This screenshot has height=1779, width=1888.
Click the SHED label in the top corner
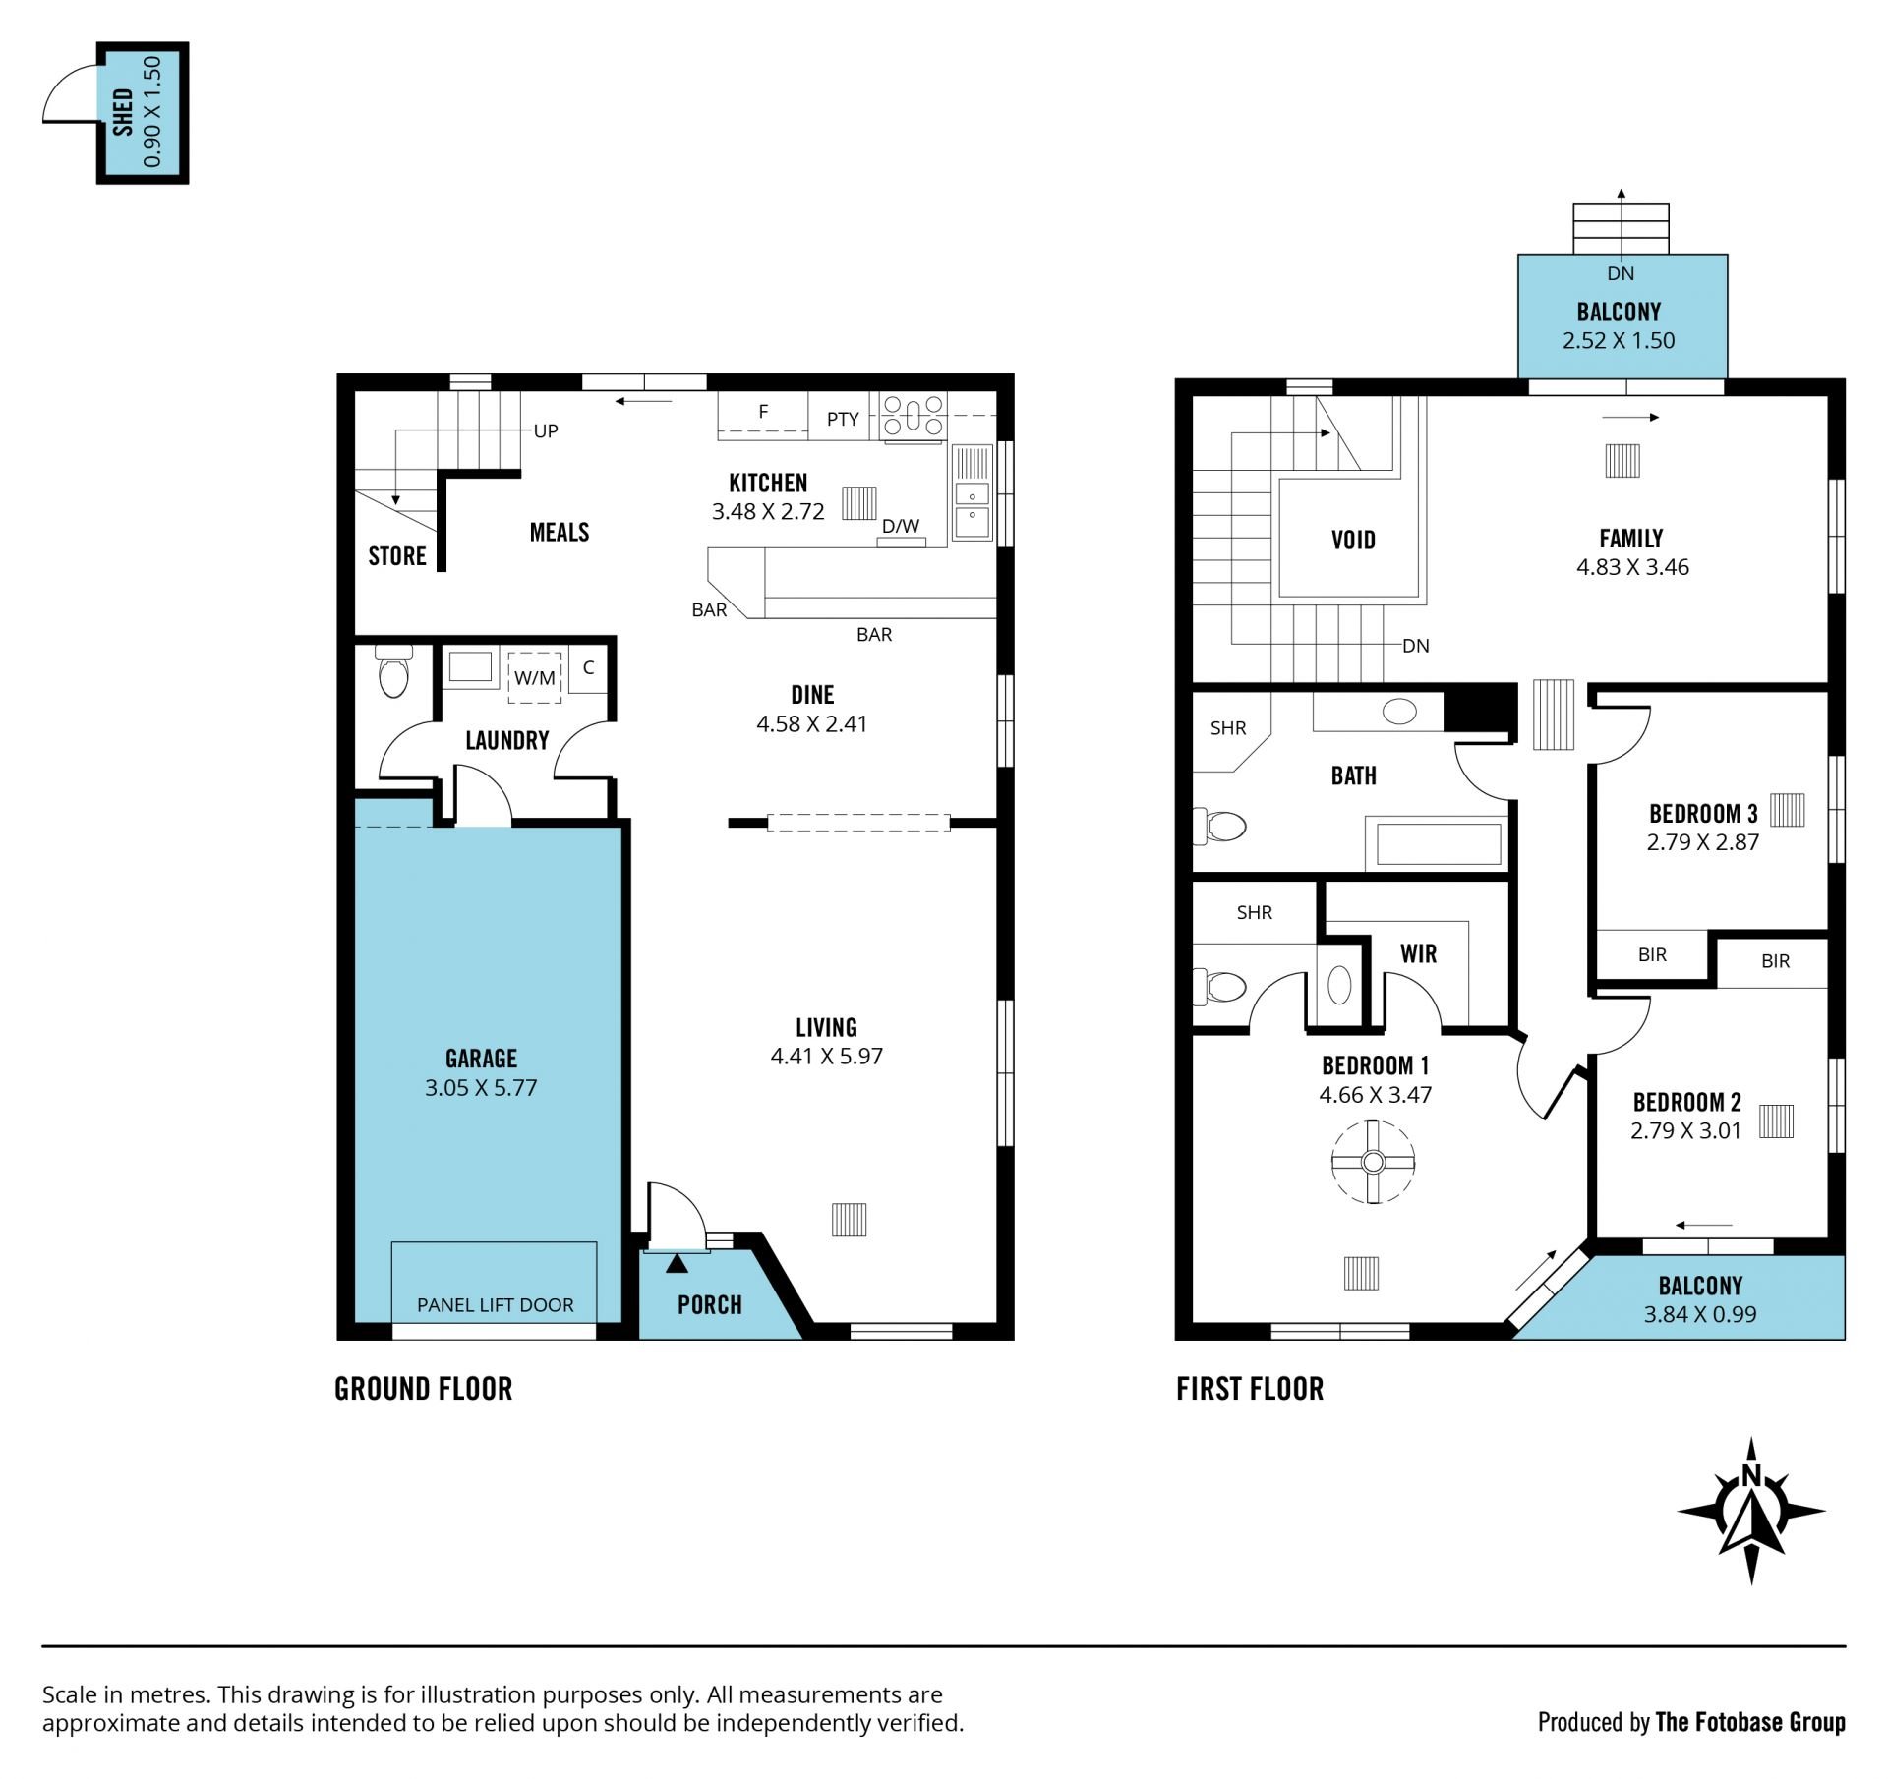[x=123, y=112]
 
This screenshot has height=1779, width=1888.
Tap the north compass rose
[x=1750, y=1511]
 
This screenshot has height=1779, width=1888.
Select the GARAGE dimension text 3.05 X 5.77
[x=481, y=1087]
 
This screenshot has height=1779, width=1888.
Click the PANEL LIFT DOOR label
[x=495, y=1305]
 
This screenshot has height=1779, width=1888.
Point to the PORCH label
[x=710, y=1305]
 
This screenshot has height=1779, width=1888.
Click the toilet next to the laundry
[x=393, y=670]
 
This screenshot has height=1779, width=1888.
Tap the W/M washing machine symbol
[x=535, y=677]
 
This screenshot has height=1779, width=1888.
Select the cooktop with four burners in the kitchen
[x=914, y=415]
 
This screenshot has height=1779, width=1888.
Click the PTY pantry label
[x=843, y=419]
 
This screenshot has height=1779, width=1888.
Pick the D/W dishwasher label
[x=901, y=526]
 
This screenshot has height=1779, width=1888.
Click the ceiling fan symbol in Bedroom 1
[x=1373, y=1163]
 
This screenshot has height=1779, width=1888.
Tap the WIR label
[x=1418, y=953]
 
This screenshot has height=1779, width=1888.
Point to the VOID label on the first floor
[x=1353, y=540]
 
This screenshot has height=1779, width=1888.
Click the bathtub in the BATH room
[x=1438, y=843]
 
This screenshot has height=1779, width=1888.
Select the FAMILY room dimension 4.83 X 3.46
[x=1632, y=567]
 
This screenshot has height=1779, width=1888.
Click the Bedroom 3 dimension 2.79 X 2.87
[x=1703, y=842]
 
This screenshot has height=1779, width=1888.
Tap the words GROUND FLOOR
[x=424, y=1389]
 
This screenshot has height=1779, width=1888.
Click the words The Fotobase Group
[x=1750, y=1722]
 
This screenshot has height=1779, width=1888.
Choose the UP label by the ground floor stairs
[x=546, y=430]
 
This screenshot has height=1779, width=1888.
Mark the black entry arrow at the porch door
[x=678, y=1263]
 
